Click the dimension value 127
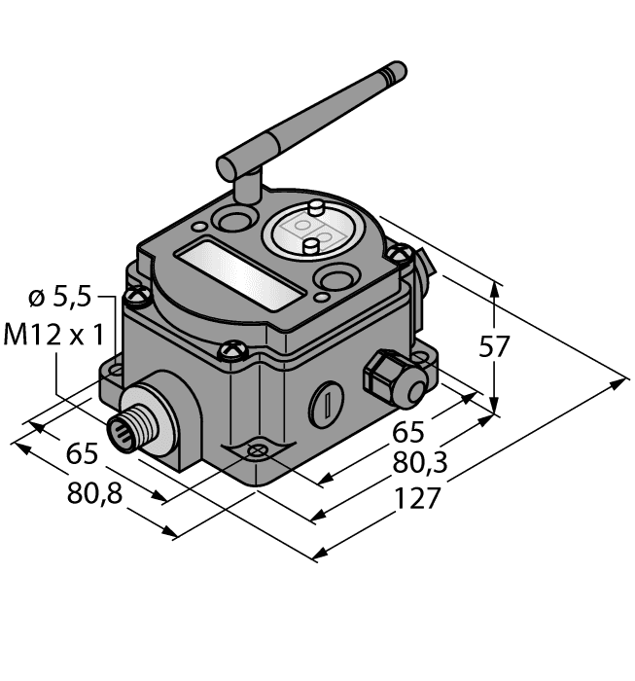(419, 499)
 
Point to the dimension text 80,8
(94, 493)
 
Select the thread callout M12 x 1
(54, 336)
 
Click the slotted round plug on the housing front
(328, 402)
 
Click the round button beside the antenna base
(234, 220)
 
